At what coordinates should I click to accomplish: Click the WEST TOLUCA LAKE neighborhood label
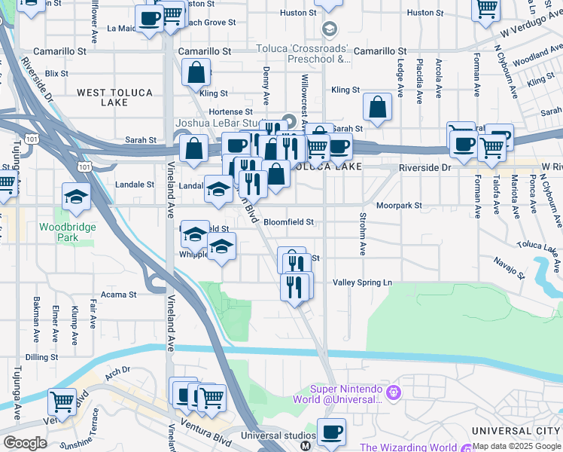[x=114, y=97]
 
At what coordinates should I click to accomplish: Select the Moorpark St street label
[x=399, y=205]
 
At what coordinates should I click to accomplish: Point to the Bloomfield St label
[x=288, y=222]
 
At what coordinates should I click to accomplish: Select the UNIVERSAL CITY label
[x=516, y=430]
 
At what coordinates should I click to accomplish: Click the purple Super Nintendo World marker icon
[x=392, y=392]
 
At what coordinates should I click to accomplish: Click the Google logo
[x=25, y=443]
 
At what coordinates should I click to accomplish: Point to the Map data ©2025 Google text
[x=517, y=447]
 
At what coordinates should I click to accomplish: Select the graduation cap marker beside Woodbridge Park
[x=76, y=197]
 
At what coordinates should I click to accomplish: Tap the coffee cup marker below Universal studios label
[x=331, y=432]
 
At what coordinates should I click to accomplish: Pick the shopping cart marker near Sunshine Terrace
[x=62, y=402]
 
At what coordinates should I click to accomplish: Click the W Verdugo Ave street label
[x=530, y=32]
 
